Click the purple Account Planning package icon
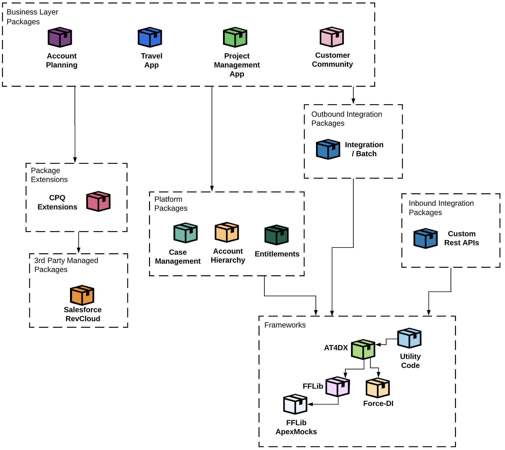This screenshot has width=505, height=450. pyautogui.click(x=60, y=37)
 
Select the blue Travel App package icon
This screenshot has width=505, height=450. pyautogui.click(x=150, y=37)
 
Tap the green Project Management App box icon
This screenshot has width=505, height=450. pyautogui.click(x=235, y=37)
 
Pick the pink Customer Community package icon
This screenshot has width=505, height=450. pyautogui.click(x=332, y=37)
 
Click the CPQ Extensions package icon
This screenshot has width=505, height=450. pyautogui.click(x=98, y=201)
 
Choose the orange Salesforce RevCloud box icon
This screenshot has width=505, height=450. pyautogui.click(x=82, y=295)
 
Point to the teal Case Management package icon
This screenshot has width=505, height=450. pyautogui.click(x=185, y=233)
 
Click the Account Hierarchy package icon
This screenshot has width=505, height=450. pyautogui.click(x=227, y=232)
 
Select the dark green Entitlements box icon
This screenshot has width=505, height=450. pyautogui.click(x=276, y=235)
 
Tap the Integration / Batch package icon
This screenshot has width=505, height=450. pyautogui.click(x=328, y=149)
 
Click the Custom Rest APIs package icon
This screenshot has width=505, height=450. pyautogui.click(x=425, y=238)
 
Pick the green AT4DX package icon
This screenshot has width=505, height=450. pyautogui.click(x=363, y=349)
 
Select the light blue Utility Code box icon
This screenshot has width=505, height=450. pyautogui.click(x=409, y=338)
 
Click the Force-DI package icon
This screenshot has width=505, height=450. pyautogui.click(x=377, y=388)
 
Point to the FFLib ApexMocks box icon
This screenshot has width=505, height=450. pyautogui.click(x=295, y=404)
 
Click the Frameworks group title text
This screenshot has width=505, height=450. pyautogui.click(x=285, y=325)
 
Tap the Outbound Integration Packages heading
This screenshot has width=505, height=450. pyautogui.click(x=346, y=119)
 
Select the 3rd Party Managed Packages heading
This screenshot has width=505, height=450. pyautogui.click(x=66, y=265)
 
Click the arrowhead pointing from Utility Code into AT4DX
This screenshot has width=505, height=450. pyautogui.click(x=378, y=345)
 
